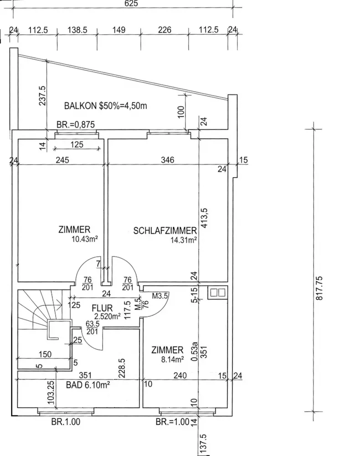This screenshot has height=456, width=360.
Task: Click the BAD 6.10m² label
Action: tap(88, 385)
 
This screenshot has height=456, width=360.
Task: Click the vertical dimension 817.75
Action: tap(319, 287)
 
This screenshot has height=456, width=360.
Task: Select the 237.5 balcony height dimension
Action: tap(42, 96)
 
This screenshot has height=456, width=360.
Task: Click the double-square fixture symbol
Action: tap(216, 293)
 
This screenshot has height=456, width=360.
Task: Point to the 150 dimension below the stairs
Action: tap(45, 353)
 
